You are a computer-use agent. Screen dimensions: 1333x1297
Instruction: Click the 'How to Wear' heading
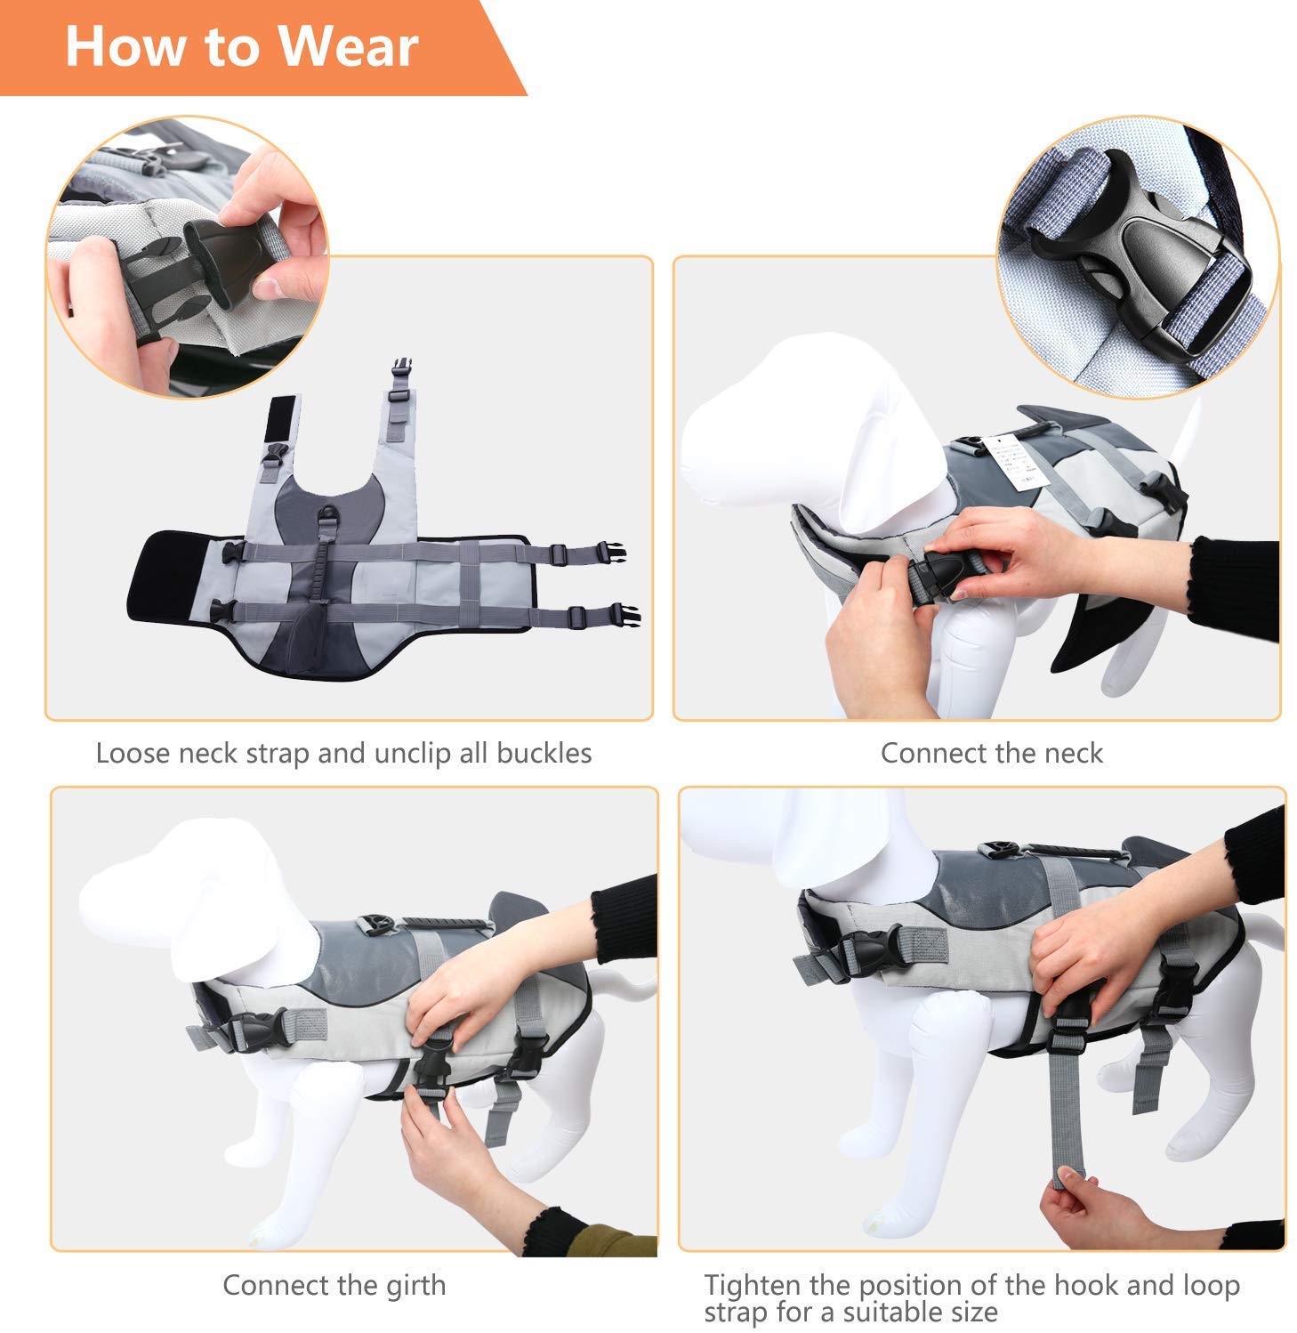(x=241, y=46)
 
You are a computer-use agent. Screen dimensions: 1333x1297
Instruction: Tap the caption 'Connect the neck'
(x=991, y=754)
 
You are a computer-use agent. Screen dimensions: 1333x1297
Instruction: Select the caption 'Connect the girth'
(x=334, y=1285)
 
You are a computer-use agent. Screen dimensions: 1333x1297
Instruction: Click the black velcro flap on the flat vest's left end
(x=169, y=578)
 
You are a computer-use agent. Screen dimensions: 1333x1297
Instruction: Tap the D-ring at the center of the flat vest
(x=329, y=517)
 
